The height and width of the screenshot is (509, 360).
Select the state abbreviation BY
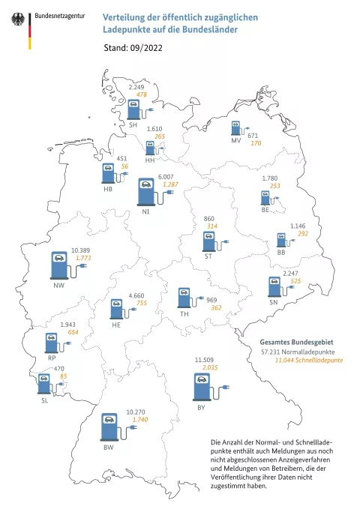coord(201,407)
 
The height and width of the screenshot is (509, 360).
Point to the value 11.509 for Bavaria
coord(205,361)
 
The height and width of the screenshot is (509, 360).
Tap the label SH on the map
coord(133,125)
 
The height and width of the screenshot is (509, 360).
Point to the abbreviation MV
coord(236,141)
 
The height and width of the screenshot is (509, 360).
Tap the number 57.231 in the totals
coord(273,351)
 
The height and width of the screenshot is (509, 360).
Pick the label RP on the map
coord(51,358)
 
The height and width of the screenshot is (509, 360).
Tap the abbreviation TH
coord(184,314)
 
